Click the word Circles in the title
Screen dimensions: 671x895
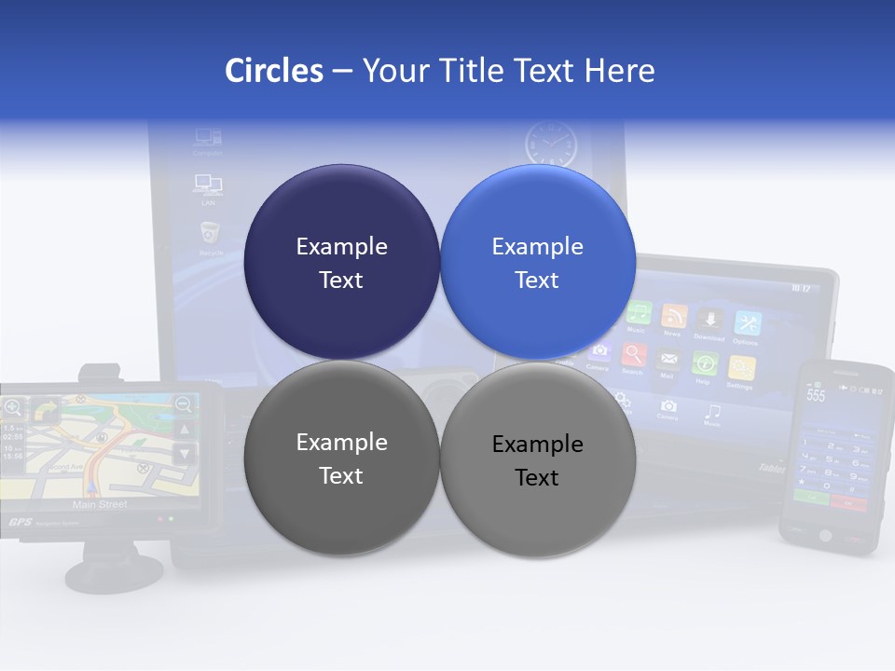pos(274,71)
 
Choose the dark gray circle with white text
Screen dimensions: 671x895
pos(341,459)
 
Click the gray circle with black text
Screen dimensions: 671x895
pos(538,459)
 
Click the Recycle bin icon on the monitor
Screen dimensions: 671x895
pos(210,232)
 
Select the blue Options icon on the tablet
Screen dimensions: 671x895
pos(747,322)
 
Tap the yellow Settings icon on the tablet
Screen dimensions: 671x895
pos(740,366)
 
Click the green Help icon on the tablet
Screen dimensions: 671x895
pos(705,363)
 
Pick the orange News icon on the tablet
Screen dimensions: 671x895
pos(673,317)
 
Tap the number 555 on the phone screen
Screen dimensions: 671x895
pos(817,395)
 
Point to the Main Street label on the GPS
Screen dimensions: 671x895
pos(100,504)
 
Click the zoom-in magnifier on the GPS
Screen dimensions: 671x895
pos(13,406)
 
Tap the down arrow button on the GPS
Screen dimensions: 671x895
pos(185,453)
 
